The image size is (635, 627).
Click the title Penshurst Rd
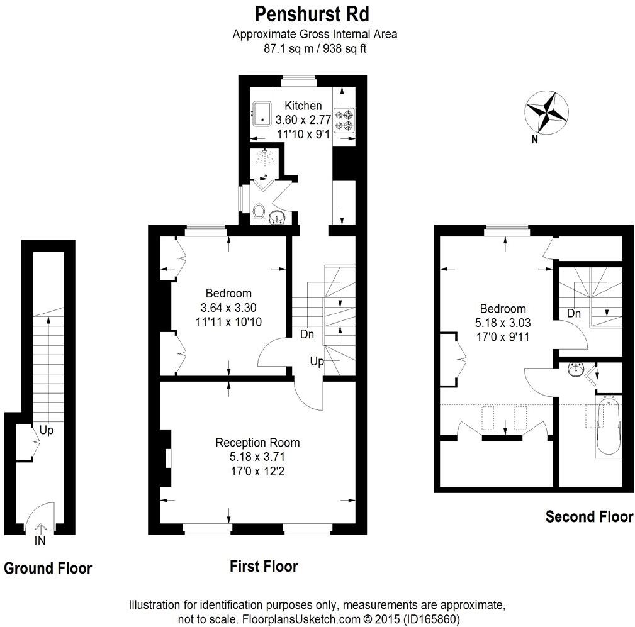312,13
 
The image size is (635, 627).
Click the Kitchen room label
303,106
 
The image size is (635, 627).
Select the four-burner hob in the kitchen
344,120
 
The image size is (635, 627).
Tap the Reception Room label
257,442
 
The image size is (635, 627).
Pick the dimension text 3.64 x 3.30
228,308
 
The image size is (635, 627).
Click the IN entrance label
40,540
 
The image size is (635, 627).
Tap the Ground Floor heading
48,569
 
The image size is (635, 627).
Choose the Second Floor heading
588,517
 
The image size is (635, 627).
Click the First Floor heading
263,567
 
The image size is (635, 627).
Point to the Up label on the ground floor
47,431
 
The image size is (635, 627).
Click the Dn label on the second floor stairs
573,313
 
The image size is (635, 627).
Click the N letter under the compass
534,140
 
